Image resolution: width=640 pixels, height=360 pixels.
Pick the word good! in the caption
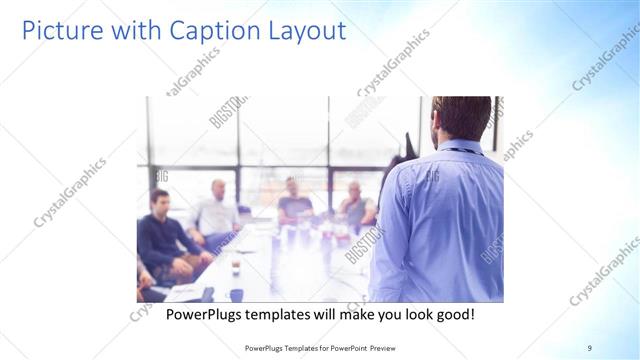452,314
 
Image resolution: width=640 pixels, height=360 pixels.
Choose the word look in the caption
408,314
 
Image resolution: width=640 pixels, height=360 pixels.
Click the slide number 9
590,347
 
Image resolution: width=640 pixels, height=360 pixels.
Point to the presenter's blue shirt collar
459,148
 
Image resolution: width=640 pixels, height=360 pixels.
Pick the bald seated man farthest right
355,206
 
